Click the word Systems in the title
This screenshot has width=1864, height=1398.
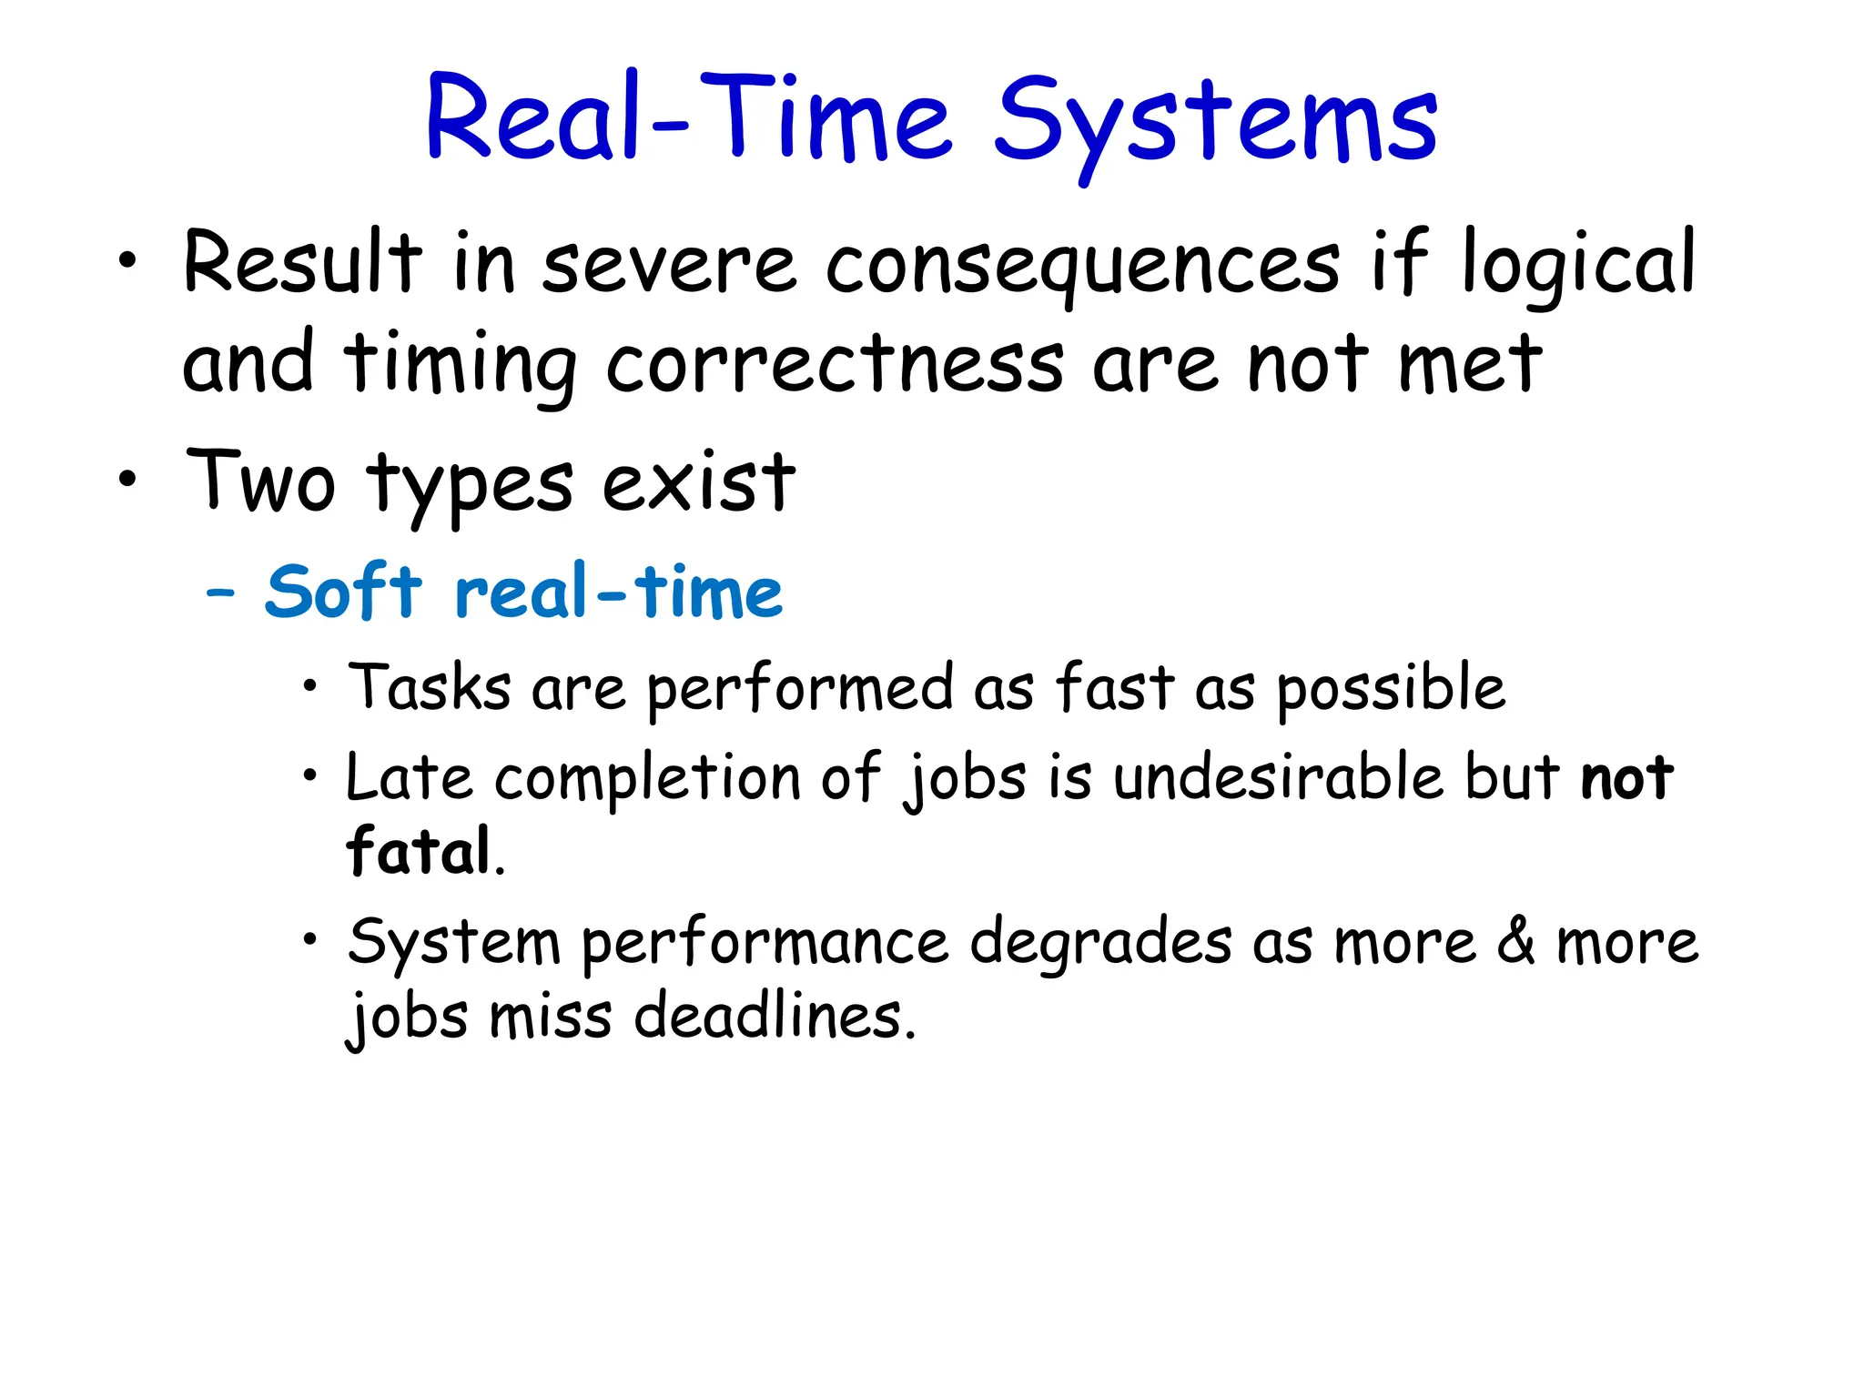click(1215, 123)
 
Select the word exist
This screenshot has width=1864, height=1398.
click(698, 482)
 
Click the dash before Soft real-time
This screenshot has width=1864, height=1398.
click(220, 594)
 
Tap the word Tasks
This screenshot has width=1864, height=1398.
click(430, 688)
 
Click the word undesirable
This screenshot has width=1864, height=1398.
click(1279, 779)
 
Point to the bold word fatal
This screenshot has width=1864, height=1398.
click(419, 852)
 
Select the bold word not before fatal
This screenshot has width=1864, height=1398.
click(1626, 779)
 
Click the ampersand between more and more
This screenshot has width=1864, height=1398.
click(1516, 942)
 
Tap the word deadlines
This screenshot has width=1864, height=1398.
click(774, 1017)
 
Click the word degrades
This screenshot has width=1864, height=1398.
click(1100, 944)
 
